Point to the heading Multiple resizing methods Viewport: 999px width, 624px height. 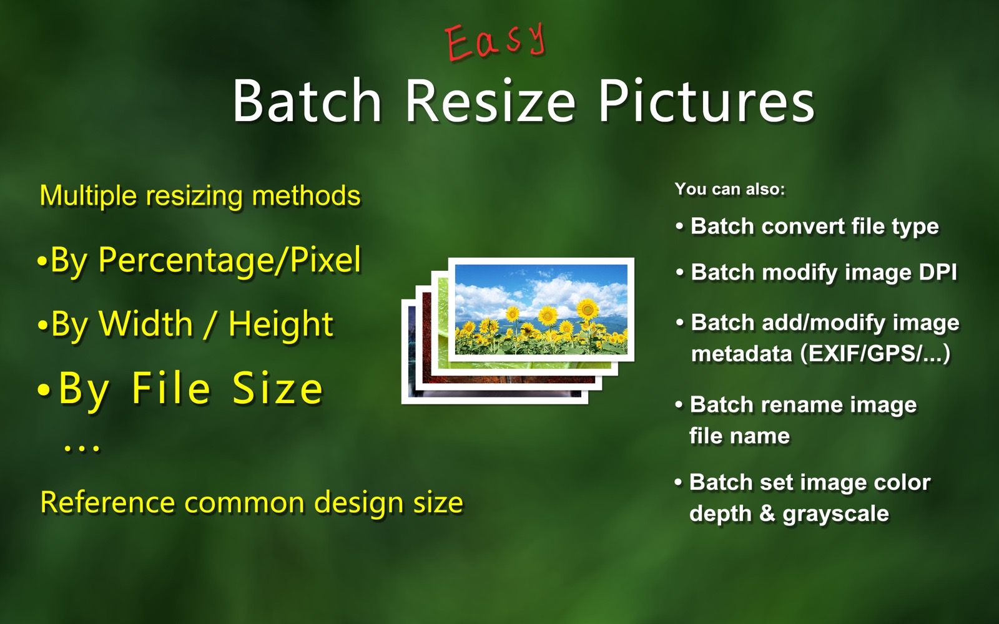click(x=200, y=196)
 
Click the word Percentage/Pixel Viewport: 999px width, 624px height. click(x=230, y=260)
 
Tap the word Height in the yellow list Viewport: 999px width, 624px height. click(x=280, y=324)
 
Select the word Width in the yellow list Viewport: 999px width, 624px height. click(x=146, y=323)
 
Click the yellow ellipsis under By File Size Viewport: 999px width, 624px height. click(x=82, y=449)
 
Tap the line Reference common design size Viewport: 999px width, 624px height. click(x=252, y=502)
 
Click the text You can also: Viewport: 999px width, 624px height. click(x=730, y=189)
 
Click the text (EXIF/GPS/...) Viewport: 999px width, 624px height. click(x=875, y=354)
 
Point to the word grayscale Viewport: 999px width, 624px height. click(x=835, y=514)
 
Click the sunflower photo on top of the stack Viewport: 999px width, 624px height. click(x=541, y=310)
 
